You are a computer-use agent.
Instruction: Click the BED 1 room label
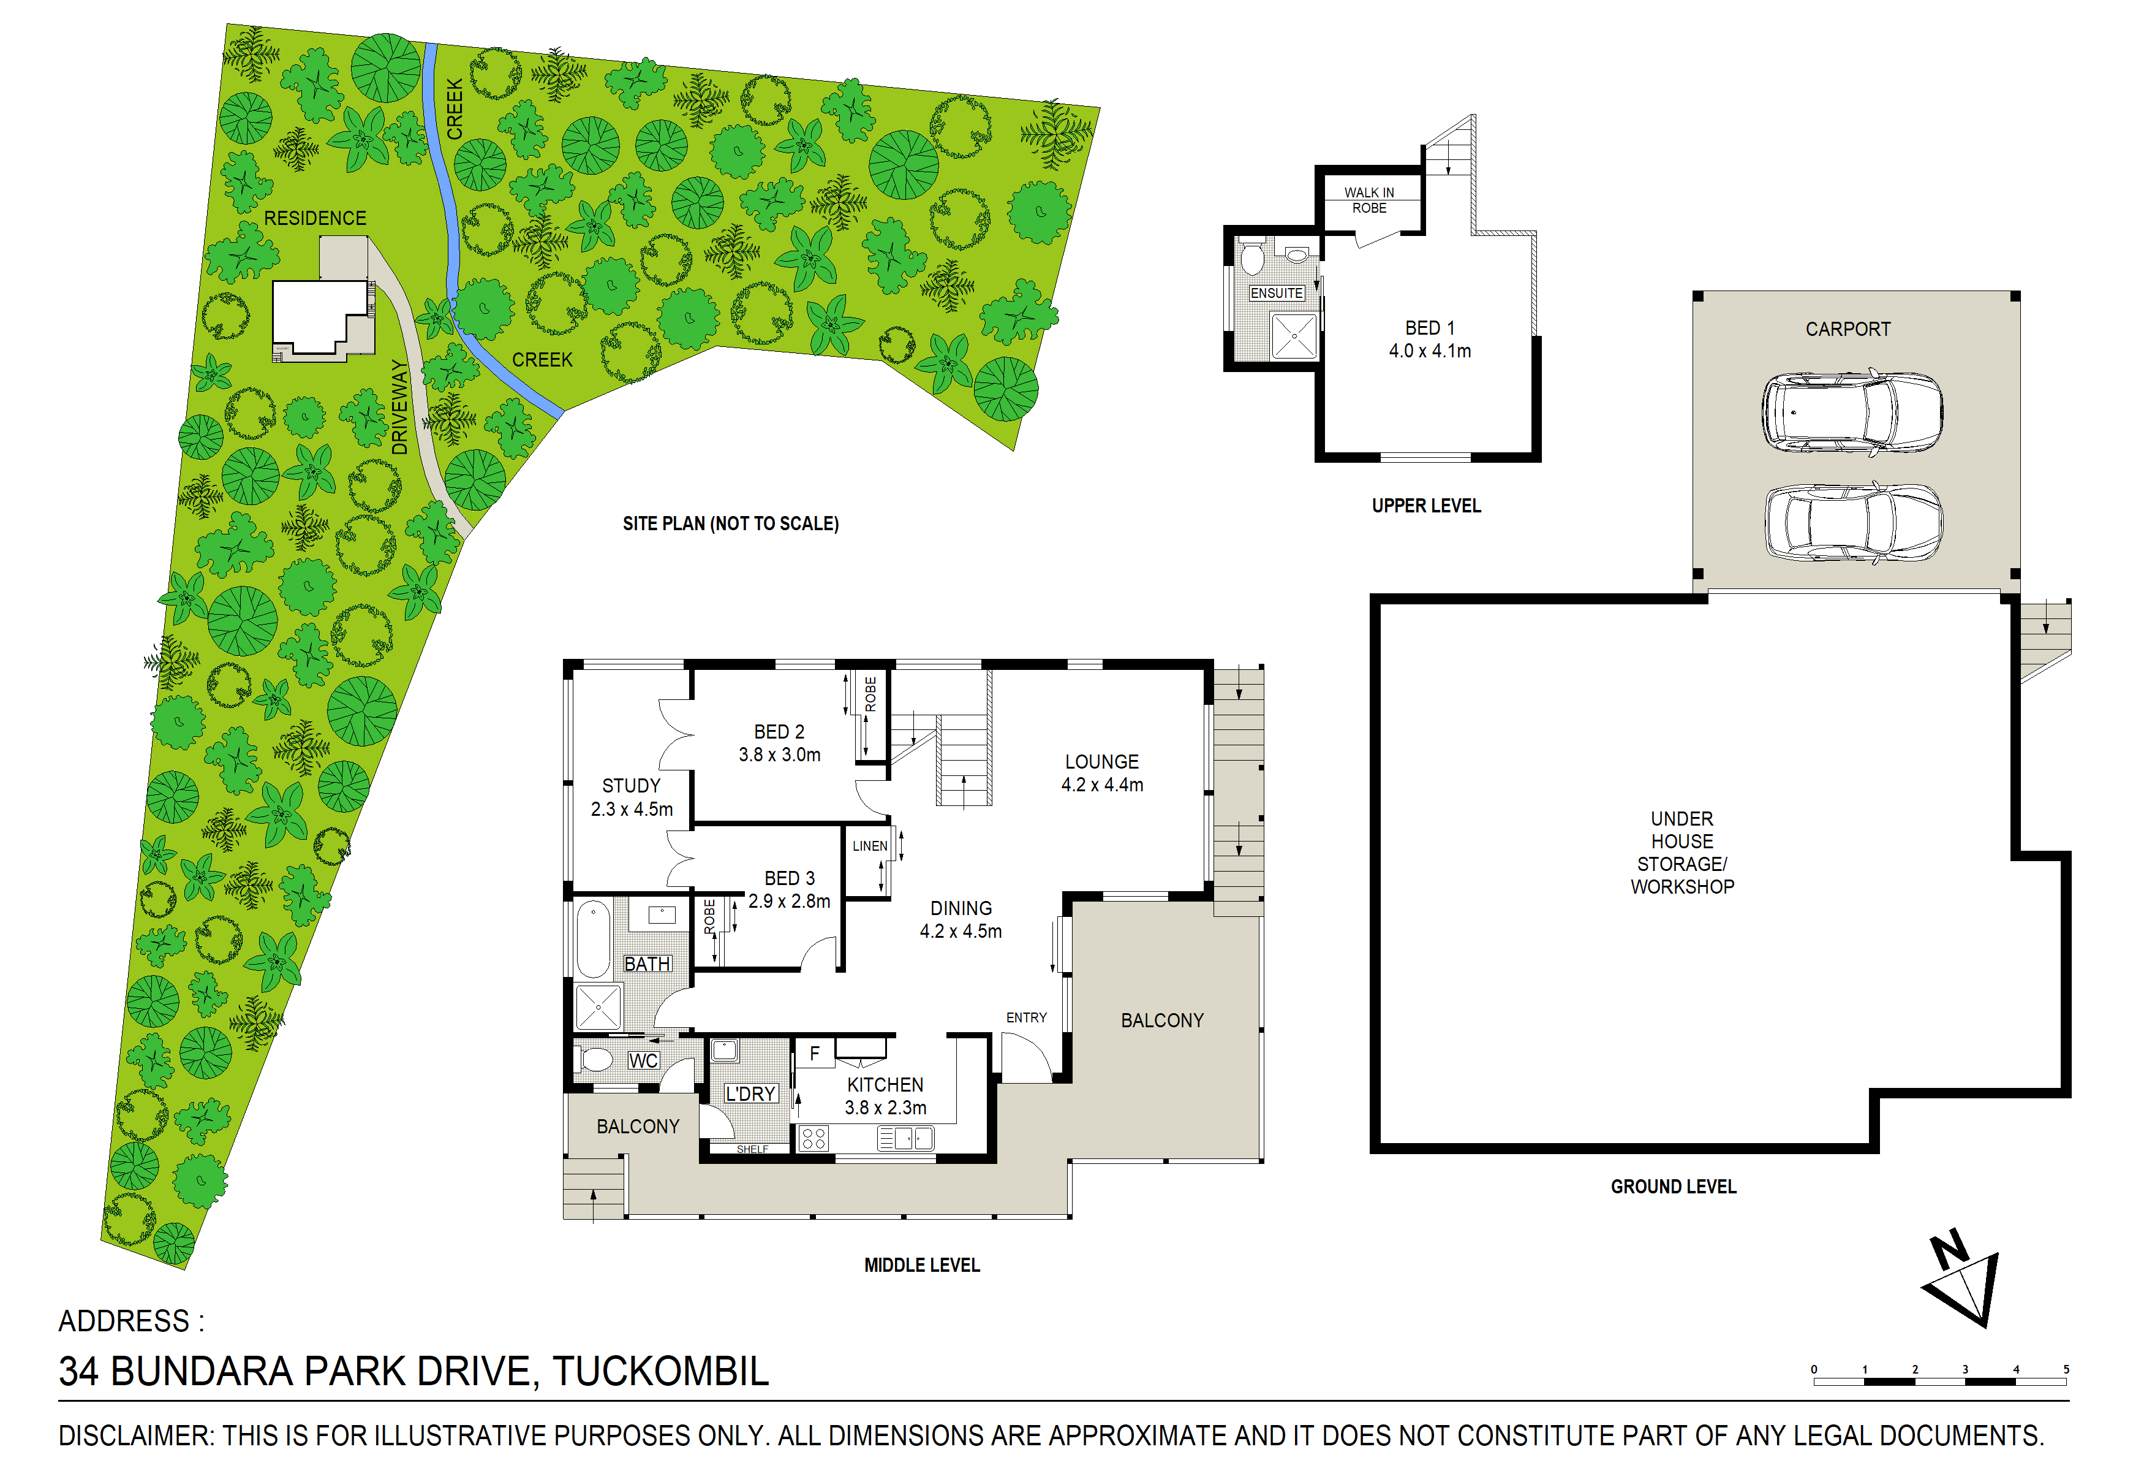(1430, 340)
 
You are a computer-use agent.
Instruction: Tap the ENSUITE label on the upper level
(1276, 294)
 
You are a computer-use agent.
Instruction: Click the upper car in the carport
(1852, 412)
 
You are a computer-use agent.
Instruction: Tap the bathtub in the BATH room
(593, 940)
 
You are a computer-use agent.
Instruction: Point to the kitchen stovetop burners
(813, 1138)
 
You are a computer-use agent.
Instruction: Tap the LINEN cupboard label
(869, 846)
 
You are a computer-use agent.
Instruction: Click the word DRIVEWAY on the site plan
(399, 407)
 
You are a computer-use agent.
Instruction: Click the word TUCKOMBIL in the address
(660, 1371)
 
